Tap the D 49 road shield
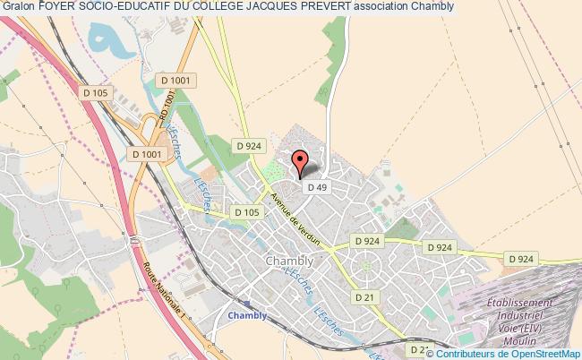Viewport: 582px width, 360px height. (315, 187)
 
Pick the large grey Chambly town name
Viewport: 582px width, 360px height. (288, 261)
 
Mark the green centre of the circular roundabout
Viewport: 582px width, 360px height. (365, 264)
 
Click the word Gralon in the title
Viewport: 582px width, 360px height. (19, 6)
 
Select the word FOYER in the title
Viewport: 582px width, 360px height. (59, 6)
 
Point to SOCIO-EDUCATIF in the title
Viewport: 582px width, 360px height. (132, 6)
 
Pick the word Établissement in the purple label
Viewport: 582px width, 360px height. (533, 304)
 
